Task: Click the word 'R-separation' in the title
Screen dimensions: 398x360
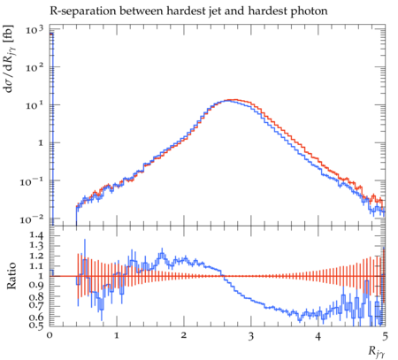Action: [83, 11]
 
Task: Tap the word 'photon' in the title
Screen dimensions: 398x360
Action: [309, 11]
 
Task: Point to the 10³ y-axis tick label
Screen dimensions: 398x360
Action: [34, 29]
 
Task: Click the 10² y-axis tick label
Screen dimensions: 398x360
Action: [34, 67]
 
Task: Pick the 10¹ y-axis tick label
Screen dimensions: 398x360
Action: [34, 105]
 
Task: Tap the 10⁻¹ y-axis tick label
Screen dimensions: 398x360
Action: [32, 182]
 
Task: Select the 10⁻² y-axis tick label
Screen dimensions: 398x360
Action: [32, 219]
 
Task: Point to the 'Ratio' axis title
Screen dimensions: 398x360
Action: [11, 276]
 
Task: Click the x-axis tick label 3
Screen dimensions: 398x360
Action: [251, 336]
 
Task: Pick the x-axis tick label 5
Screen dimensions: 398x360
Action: [385, 336]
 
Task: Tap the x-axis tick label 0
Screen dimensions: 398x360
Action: [50, 336]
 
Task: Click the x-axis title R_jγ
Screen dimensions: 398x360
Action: [377, 352]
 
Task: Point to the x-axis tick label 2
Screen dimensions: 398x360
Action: [184, 336]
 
